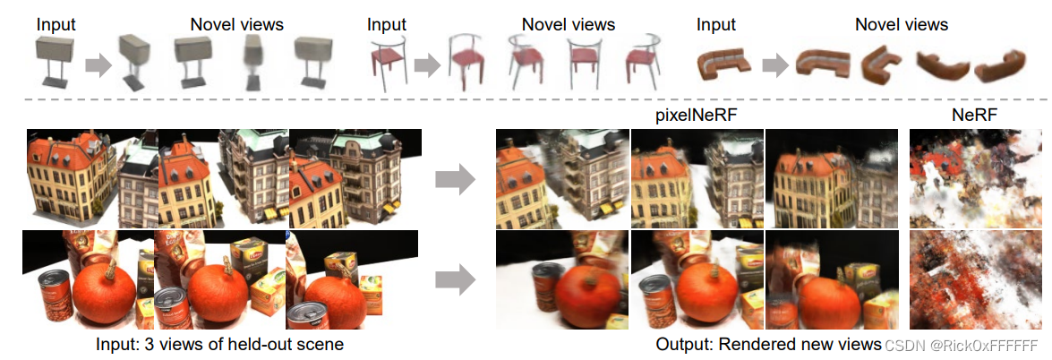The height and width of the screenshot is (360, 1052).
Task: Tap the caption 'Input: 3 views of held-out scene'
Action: tap(219, 345)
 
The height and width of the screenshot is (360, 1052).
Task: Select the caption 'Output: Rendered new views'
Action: tap(767, 345)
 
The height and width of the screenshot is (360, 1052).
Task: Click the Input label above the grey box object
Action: tap(56, 24)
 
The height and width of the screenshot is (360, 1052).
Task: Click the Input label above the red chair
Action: tap(387, 24)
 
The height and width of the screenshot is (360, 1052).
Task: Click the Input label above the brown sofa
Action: tap(716, 24)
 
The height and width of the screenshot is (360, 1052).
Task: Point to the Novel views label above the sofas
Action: tap(902, 24)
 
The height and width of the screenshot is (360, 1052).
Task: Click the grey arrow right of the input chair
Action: tap(429, 64)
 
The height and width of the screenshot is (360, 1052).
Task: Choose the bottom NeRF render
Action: tap(974, 280)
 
